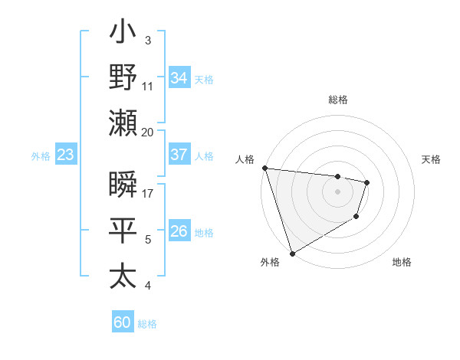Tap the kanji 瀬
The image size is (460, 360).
pyautogui.click(x=123, y=123)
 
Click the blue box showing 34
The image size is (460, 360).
pyautogui.click(x=179, y=78)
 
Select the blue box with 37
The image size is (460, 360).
pyautogui.click(x=179, y=155)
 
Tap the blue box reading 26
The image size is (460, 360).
pyautogui.click(x=179, y=231)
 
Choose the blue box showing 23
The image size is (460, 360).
pyautogui.click(x=66, y=155)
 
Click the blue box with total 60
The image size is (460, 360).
pyautogui.click(x=123, y=322)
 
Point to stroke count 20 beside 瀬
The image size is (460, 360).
pyautogui.click(x=148, y=132)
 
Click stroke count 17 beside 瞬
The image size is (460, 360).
pyautogui.click(x=148, y=193)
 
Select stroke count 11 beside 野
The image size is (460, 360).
pyautogui.click(x=148, y=86)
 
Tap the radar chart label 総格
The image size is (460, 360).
pyautogui.click(x=338, y=100)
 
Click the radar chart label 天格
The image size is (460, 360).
pyautogui.click(x=432, y=159)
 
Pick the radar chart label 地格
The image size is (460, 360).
pyautogui.click(x=402, y=262)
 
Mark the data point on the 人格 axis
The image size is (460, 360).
pyautogui.click(x=264, y=168)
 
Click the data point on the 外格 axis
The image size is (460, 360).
pyautogui.click(x=292, y=254)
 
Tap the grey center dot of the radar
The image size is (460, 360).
pyautogui.click(x=338, y=191)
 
